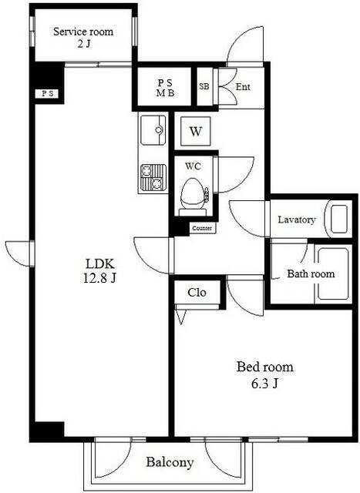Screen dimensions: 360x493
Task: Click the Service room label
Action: (x=83, y=32)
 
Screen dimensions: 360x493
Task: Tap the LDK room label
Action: (x=100, y=263)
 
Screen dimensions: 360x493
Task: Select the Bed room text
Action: (x=265, y=367)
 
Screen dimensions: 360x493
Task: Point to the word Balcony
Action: (x=170, y=462)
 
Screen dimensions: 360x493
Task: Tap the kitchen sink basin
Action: (x=153, y=130)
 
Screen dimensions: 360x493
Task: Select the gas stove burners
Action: (x=153, y=178)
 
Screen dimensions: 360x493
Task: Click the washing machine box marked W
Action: (x=196, y=131)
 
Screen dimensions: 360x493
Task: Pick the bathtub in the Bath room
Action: (x=333, y=273)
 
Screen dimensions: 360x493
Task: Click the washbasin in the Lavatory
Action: (x=339, y=219)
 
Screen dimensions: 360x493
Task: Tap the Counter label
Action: (x=202, y=228)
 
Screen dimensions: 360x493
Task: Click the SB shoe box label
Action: (x=204, y=86)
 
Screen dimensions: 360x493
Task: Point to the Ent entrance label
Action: (x=243, y=87)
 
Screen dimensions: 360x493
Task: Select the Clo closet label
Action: (x=197, y=293)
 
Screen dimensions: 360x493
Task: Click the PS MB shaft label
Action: (x=165, y=88)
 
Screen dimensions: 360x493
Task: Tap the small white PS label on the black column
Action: (x=48, y=93)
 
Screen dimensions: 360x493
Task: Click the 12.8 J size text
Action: (x=99, y=278)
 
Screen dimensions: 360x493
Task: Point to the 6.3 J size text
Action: (x=265, y=384)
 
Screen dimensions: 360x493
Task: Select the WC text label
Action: (x=193, y=166)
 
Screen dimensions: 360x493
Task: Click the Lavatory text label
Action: (x=297, y=220)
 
